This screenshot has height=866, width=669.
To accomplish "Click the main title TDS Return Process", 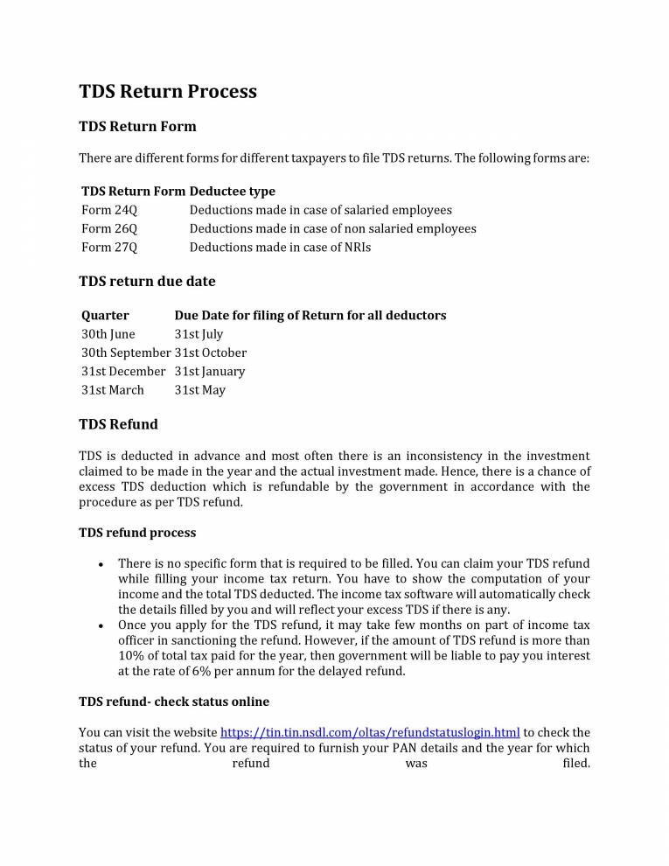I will (168, 92).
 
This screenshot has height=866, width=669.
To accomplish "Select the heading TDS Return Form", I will (137, 127).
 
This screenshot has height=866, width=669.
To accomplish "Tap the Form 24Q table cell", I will (109, 210).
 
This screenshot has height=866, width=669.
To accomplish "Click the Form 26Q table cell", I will (109, 228).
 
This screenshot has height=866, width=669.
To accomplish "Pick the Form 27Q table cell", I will (109, 247).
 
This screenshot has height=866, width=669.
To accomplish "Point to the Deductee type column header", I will (232, 192).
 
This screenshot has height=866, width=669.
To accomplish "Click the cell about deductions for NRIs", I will (280, 247).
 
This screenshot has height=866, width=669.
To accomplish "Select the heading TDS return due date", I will (147, 282).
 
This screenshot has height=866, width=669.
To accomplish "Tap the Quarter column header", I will (105, 315).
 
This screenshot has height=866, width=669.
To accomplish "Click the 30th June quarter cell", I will (108, 334).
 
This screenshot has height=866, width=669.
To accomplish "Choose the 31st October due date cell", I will (211, 353).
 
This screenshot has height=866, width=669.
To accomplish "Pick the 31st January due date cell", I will (210, 371).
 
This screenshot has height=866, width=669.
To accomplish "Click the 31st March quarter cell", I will (113, 390).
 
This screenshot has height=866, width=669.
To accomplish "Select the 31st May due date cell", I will (200, 390).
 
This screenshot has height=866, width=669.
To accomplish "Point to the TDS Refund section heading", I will (118, 425).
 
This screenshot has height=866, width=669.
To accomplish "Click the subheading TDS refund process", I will (137, 533).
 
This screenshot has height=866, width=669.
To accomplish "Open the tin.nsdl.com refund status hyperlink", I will (370, 732).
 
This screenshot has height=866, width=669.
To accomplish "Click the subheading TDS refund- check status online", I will (174, 702).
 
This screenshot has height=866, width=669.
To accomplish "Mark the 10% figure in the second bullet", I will (130, 656).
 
